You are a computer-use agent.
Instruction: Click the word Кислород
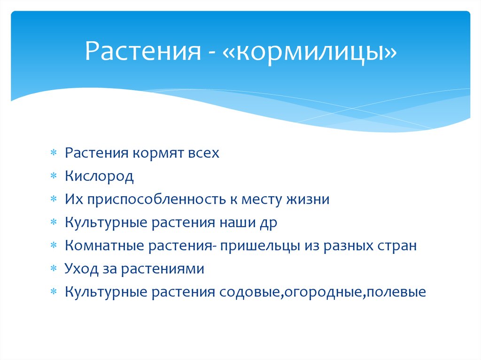(99, 176)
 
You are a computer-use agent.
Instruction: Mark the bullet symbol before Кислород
(54, 176)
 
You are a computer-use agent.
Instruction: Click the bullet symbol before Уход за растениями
(54, 269)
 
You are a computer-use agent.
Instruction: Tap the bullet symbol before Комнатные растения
(54, 246)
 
